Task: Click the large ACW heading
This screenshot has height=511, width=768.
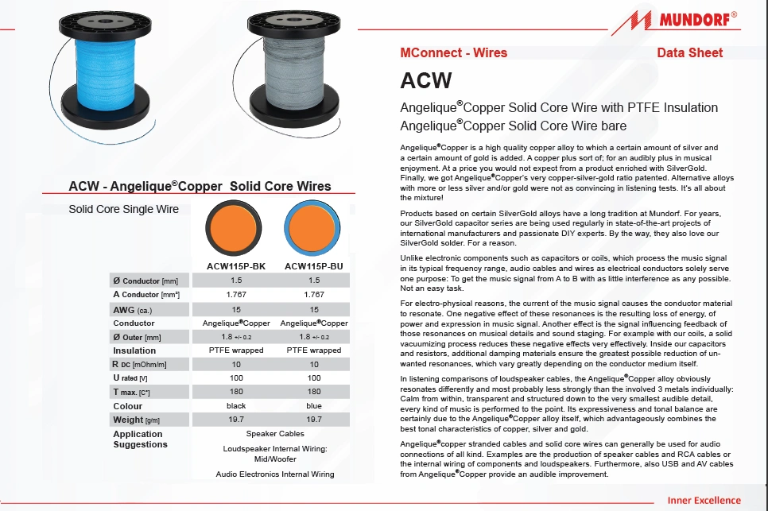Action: (426, 80)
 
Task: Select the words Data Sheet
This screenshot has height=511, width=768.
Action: (690, 52)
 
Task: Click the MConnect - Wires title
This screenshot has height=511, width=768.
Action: (453, 52)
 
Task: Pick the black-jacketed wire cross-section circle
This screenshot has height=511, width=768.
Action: (235, 228)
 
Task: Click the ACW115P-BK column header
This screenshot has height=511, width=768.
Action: (235, 266)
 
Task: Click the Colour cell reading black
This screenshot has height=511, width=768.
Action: (235, 405)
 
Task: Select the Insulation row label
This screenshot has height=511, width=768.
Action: (134, 350)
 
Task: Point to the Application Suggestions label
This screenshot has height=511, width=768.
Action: (140, 439)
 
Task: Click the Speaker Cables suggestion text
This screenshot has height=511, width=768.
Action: (274, 434)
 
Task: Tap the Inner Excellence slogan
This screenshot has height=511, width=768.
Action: (704, 501)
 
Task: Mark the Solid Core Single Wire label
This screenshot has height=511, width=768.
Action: (123, 209)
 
